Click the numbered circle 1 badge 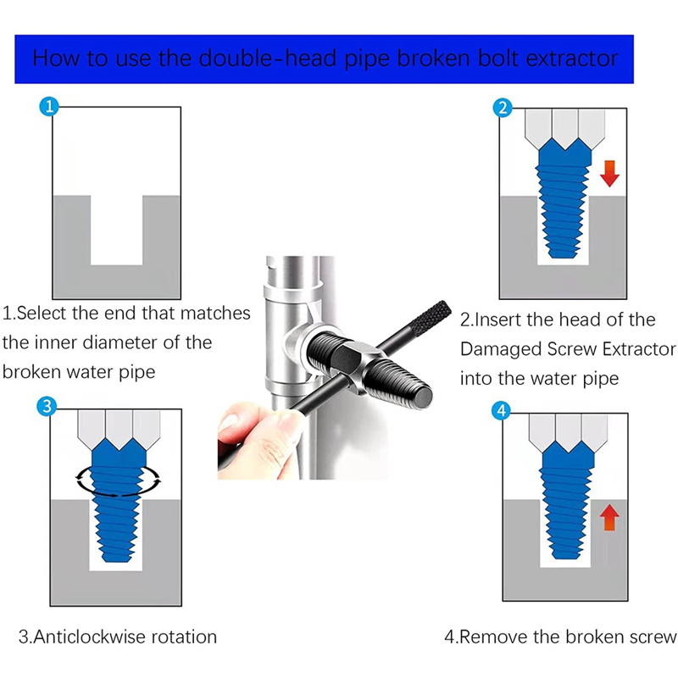click(x=49, y=107)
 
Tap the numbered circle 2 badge click(x=503, y=108)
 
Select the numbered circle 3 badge click(x=47, y=407)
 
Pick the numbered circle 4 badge click(x=502, y=410)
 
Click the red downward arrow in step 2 click(x=609, y=174)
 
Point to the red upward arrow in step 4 click(x=609, y=517)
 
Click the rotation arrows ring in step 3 click(x=118, y=493)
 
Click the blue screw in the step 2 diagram click(x=564, y=198)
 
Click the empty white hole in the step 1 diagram click(x=116, y=230)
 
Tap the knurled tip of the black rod click(x=430, y=317)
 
